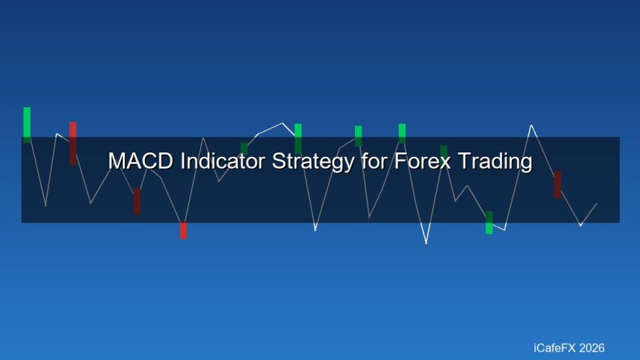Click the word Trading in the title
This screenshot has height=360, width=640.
495,161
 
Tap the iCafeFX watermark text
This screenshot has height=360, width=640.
557,347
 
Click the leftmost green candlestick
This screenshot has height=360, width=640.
27,124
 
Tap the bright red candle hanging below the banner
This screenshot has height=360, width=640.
183,231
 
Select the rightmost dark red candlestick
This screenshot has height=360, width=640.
557,184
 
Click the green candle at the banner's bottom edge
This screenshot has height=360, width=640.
489,222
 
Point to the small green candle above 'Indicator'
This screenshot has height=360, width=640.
244,149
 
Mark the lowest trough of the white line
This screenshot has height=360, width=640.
426,243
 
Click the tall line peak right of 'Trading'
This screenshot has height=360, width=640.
531,125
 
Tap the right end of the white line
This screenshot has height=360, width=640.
596,203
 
